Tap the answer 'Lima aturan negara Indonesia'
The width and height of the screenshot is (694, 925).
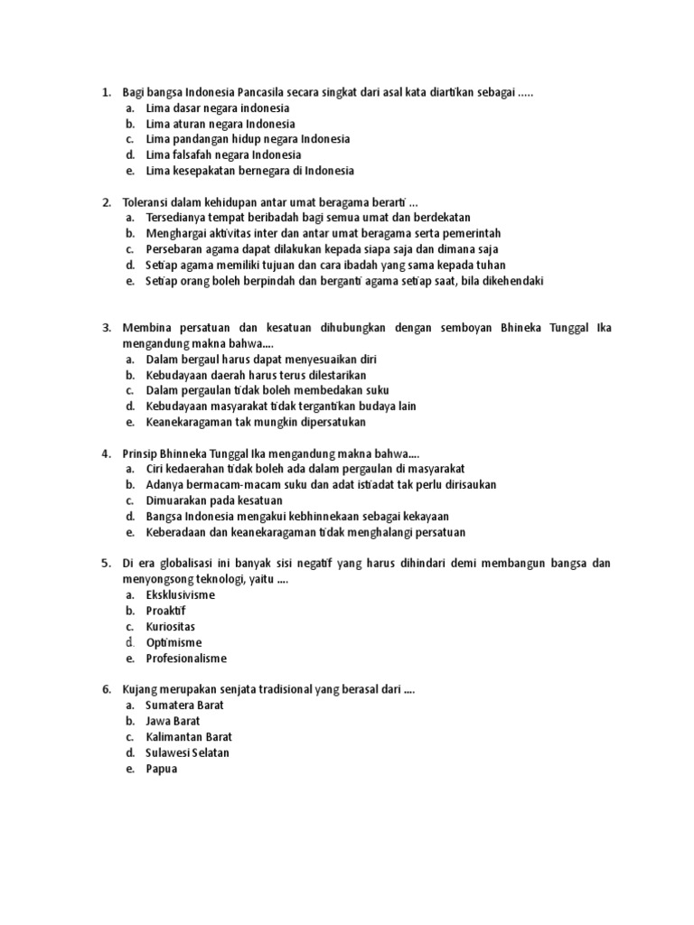click(x=220, y=123)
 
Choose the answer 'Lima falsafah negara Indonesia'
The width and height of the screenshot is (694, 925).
click(x=223, y=154)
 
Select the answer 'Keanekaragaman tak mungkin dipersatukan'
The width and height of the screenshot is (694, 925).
click(x=256, y=422)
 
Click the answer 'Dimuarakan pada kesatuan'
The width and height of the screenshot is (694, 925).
click(x=214, y=500)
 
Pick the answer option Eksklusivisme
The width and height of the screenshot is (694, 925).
click(x=181, y=595)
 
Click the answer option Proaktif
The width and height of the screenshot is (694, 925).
click(x=167, y=611)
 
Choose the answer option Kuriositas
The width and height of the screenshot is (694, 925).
click(x=170, y=626)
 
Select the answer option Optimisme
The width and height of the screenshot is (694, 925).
click(x=173, y=642)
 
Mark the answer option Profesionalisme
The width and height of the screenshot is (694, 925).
click(x=186, y=659)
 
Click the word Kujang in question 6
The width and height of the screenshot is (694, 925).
click(x=140, y=689)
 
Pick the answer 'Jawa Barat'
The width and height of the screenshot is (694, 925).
click(x=173, y=721)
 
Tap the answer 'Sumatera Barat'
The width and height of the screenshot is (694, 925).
click(x=184, y=705)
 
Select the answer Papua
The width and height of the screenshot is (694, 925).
click(x=162, y=769)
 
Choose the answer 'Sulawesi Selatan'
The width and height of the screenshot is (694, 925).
click(x=187, y=752)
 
